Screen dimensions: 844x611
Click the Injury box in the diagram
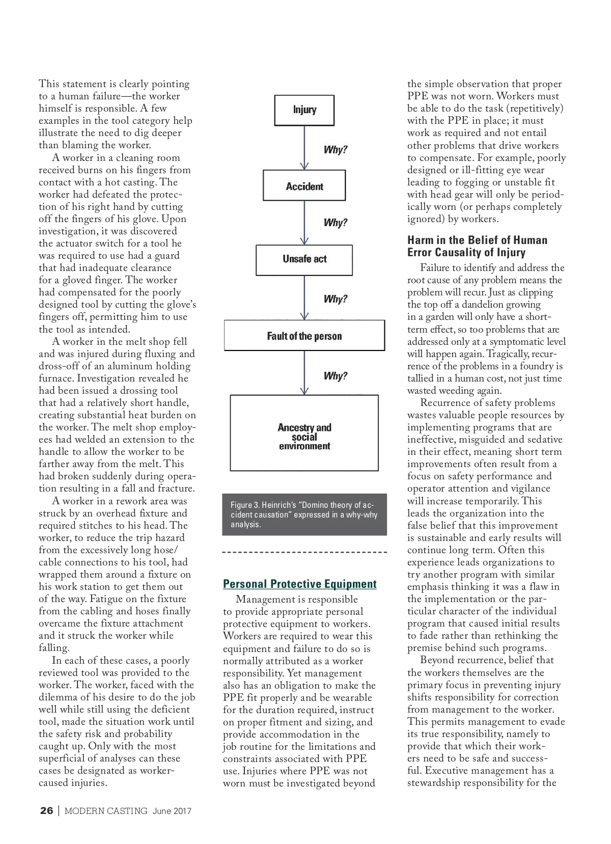tap(304, 110)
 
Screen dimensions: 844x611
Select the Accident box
tap(304, 186)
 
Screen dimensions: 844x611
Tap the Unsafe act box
tap(304, 259)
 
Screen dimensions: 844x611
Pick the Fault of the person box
tap(304, 336)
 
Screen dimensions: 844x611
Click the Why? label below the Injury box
tap(335, 150)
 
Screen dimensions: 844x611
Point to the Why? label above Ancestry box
tap(335, 376)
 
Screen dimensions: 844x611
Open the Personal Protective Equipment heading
tap(299, 584)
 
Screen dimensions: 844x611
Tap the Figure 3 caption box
tap(304, 514)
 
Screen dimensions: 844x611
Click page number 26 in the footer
tap(46, 811)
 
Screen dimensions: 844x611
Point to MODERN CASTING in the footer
tap(106, 811)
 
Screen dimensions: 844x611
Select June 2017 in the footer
tap(172, 811)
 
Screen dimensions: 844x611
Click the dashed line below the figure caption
tap(304, 552)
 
